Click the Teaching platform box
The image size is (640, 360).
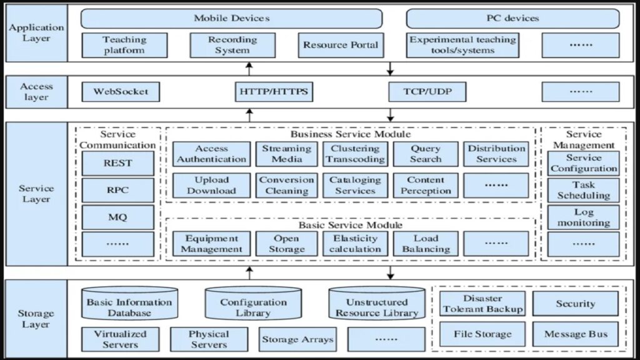pyautogui.click(x=124, y=45)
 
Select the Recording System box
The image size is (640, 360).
pyautogui.click(x=232, y=45)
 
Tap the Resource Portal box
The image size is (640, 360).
pyautogui.click(x=341, y=45)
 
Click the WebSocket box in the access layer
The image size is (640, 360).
pyautogui.click(x=121, y=92)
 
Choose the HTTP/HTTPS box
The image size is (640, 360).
pyautogui.click(x=274, y=92)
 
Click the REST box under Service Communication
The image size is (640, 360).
pyautogui.click(x=117, y=164)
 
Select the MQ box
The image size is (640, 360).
pyautogui.click(x=117, y=217)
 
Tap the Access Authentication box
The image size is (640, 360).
pyautogui.click(x=211, y=154)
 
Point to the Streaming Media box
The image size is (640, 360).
pyautogui.click(x=287, y=154)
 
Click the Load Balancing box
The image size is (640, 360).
pyautogui.click(x=426, y=244)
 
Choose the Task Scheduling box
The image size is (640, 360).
pyautogui.click(x=584, y=190)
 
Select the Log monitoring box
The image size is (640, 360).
pyautogui.click(x=584, y=217)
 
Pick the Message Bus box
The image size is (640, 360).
pyautogui.click(x=576, y=334)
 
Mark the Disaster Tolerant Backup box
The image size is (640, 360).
pyautogui.click(x=482, y=304)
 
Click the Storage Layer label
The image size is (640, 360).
pyautogui.click(x=36, y=319)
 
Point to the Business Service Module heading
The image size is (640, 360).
pyautogui.click(x=351, y=134)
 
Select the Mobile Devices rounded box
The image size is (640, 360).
pyautogui.click(x=231, y=18)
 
